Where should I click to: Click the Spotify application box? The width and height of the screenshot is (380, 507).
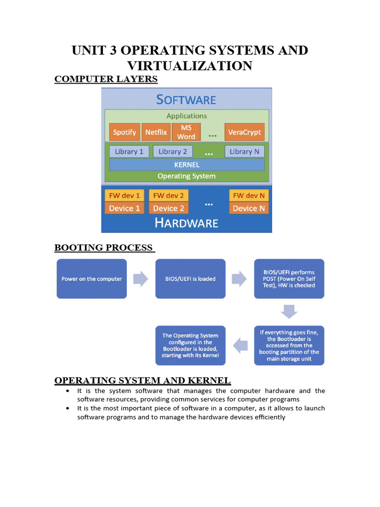pos(124,132)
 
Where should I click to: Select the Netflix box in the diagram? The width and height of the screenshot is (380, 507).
pos(156,132)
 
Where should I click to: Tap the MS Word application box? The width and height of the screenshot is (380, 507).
pos(186,132)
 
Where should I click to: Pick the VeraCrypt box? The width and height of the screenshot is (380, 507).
pos(244,132)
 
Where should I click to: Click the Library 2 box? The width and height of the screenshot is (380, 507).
pos(173,152)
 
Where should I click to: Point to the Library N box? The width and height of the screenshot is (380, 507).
pos(244,152)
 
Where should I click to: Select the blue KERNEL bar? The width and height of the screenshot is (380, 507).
pos(187,164)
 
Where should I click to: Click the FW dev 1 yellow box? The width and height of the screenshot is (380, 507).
pos(124,195)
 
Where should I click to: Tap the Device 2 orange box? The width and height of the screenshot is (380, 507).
pos(168,208)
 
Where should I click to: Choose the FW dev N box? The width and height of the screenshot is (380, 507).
pos(248,195)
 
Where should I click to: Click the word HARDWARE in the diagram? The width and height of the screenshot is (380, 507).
pos(187,223)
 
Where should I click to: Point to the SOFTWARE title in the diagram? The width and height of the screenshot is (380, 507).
pos(186,100)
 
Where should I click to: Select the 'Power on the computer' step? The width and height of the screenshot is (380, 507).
pos(92,279)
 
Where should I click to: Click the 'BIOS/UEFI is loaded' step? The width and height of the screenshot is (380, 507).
pos(190,279)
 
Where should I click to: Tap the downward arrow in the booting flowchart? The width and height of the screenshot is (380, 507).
pos(289,311)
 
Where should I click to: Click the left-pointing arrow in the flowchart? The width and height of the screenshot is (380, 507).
pos(240,346)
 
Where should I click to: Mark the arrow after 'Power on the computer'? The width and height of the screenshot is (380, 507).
pos(141,279)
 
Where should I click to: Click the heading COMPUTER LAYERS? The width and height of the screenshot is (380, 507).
pos(106,79)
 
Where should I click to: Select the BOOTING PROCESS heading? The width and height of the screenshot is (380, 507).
pos(104,248)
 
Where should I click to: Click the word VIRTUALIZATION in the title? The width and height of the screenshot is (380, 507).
pos(190,65)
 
